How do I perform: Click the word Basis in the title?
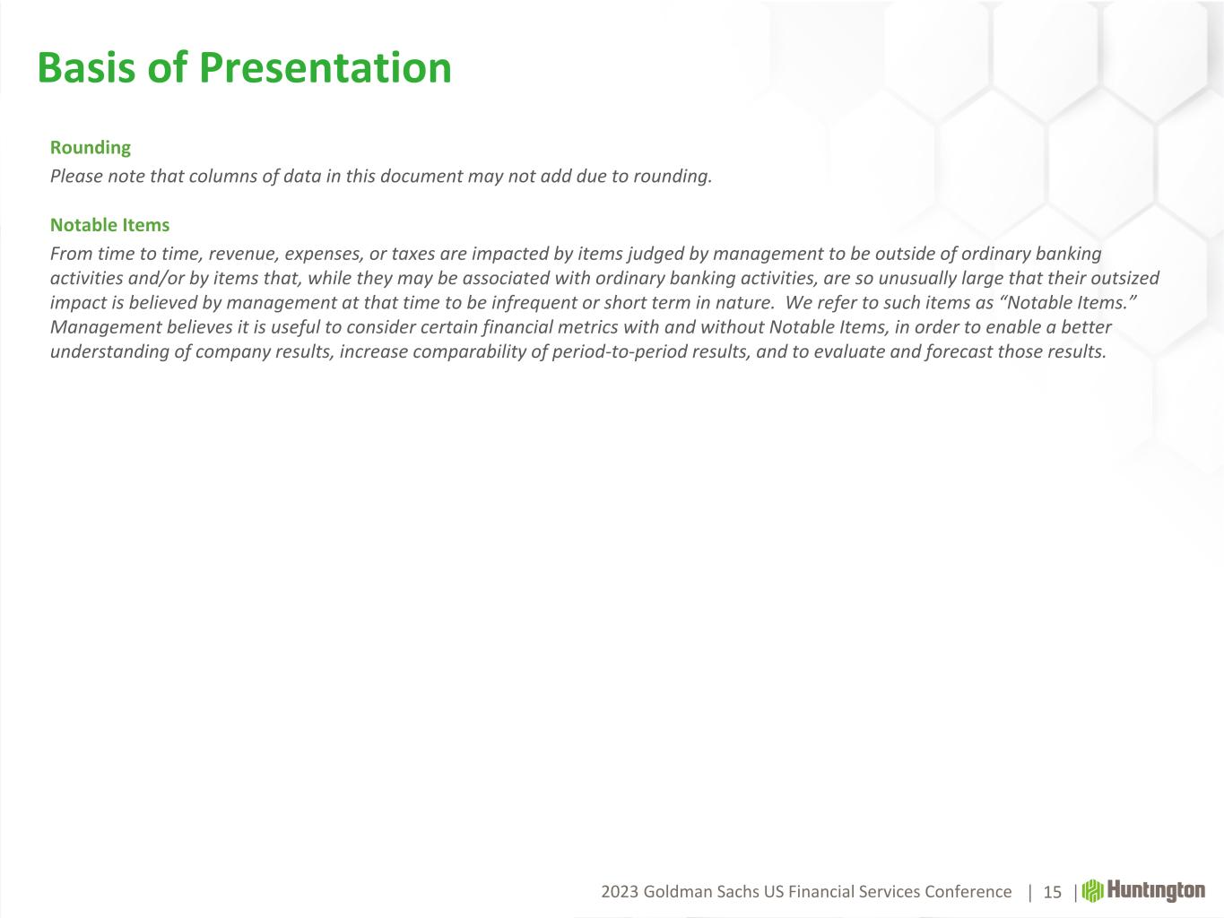86,67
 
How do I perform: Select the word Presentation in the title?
326,68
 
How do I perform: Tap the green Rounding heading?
91,148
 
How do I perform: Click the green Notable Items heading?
110,225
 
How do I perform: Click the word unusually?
917,279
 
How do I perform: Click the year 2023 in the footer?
620,892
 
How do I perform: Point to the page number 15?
1052,892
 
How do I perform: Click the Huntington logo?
1143,891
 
